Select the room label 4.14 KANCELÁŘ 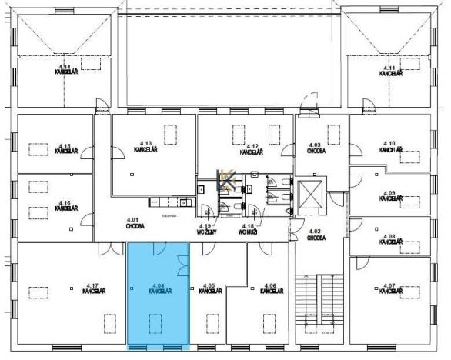coord(68,70)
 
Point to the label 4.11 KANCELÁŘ coord(390,70)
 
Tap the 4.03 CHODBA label coord(314,148)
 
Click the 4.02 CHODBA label coord(315,235)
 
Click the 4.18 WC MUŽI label coord(246,229)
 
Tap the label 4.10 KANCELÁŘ coord(390,147)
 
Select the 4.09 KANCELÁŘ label coord(390,195)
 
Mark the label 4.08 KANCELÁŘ coord(390,239)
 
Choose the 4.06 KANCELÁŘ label coord(269,289)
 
